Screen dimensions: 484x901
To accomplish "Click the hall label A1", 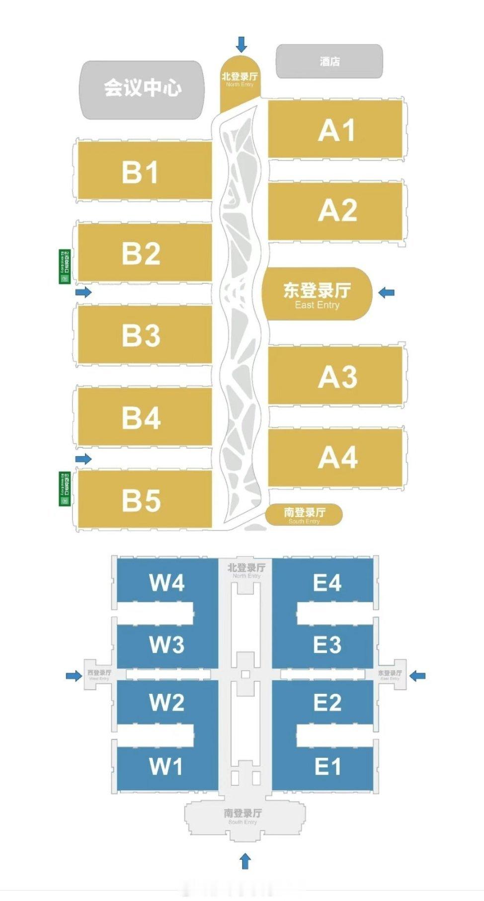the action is [x=336, y=131].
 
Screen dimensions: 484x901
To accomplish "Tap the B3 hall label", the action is [x=141, y=335].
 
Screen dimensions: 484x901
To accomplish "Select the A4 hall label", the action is [x=337, y=457].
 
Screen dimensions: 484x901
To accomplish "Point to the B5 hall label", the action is [x=141, y=500].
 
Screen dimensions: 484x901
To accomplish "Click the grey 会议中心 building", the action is [x=143, y=89].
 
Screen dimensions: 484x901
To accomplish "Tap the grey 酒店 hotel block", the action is [x=329, y=61].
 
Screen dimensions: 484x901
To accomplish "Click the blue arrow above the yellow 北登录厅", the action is [x=242, y=44].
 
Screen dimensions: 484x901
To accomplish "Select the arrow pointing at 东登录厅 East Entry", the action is [x=386, y=293].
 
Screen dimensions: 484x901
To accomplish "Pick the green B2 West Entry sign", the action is [x=65, y=266].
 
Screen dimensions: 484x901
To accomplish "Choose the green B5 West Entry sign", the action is [x=65, y=489].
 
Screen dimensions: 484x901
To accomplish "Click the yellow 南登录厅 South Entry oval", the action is [x=304, y=514].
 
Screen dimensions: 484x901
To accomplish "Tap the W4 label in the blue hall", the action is [x=167, y=582].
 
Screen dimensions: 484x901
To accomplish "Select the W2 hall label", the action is [x=167, y=703].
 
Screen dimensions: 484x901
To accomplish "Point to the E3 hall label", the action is [x=327, y=645].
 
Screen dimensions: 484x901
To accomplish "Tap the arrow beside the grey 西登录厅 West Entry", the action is [x=74, y=675].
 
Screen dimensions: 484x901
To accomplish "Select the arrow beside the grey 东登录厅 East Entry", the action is [x=417, y=675].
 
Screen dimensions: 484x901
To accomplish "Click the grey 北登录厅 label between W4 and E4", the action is [x=246, y=570].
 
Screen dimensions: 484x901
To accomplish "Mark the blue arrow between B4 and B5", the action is [x=83, y=458].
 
